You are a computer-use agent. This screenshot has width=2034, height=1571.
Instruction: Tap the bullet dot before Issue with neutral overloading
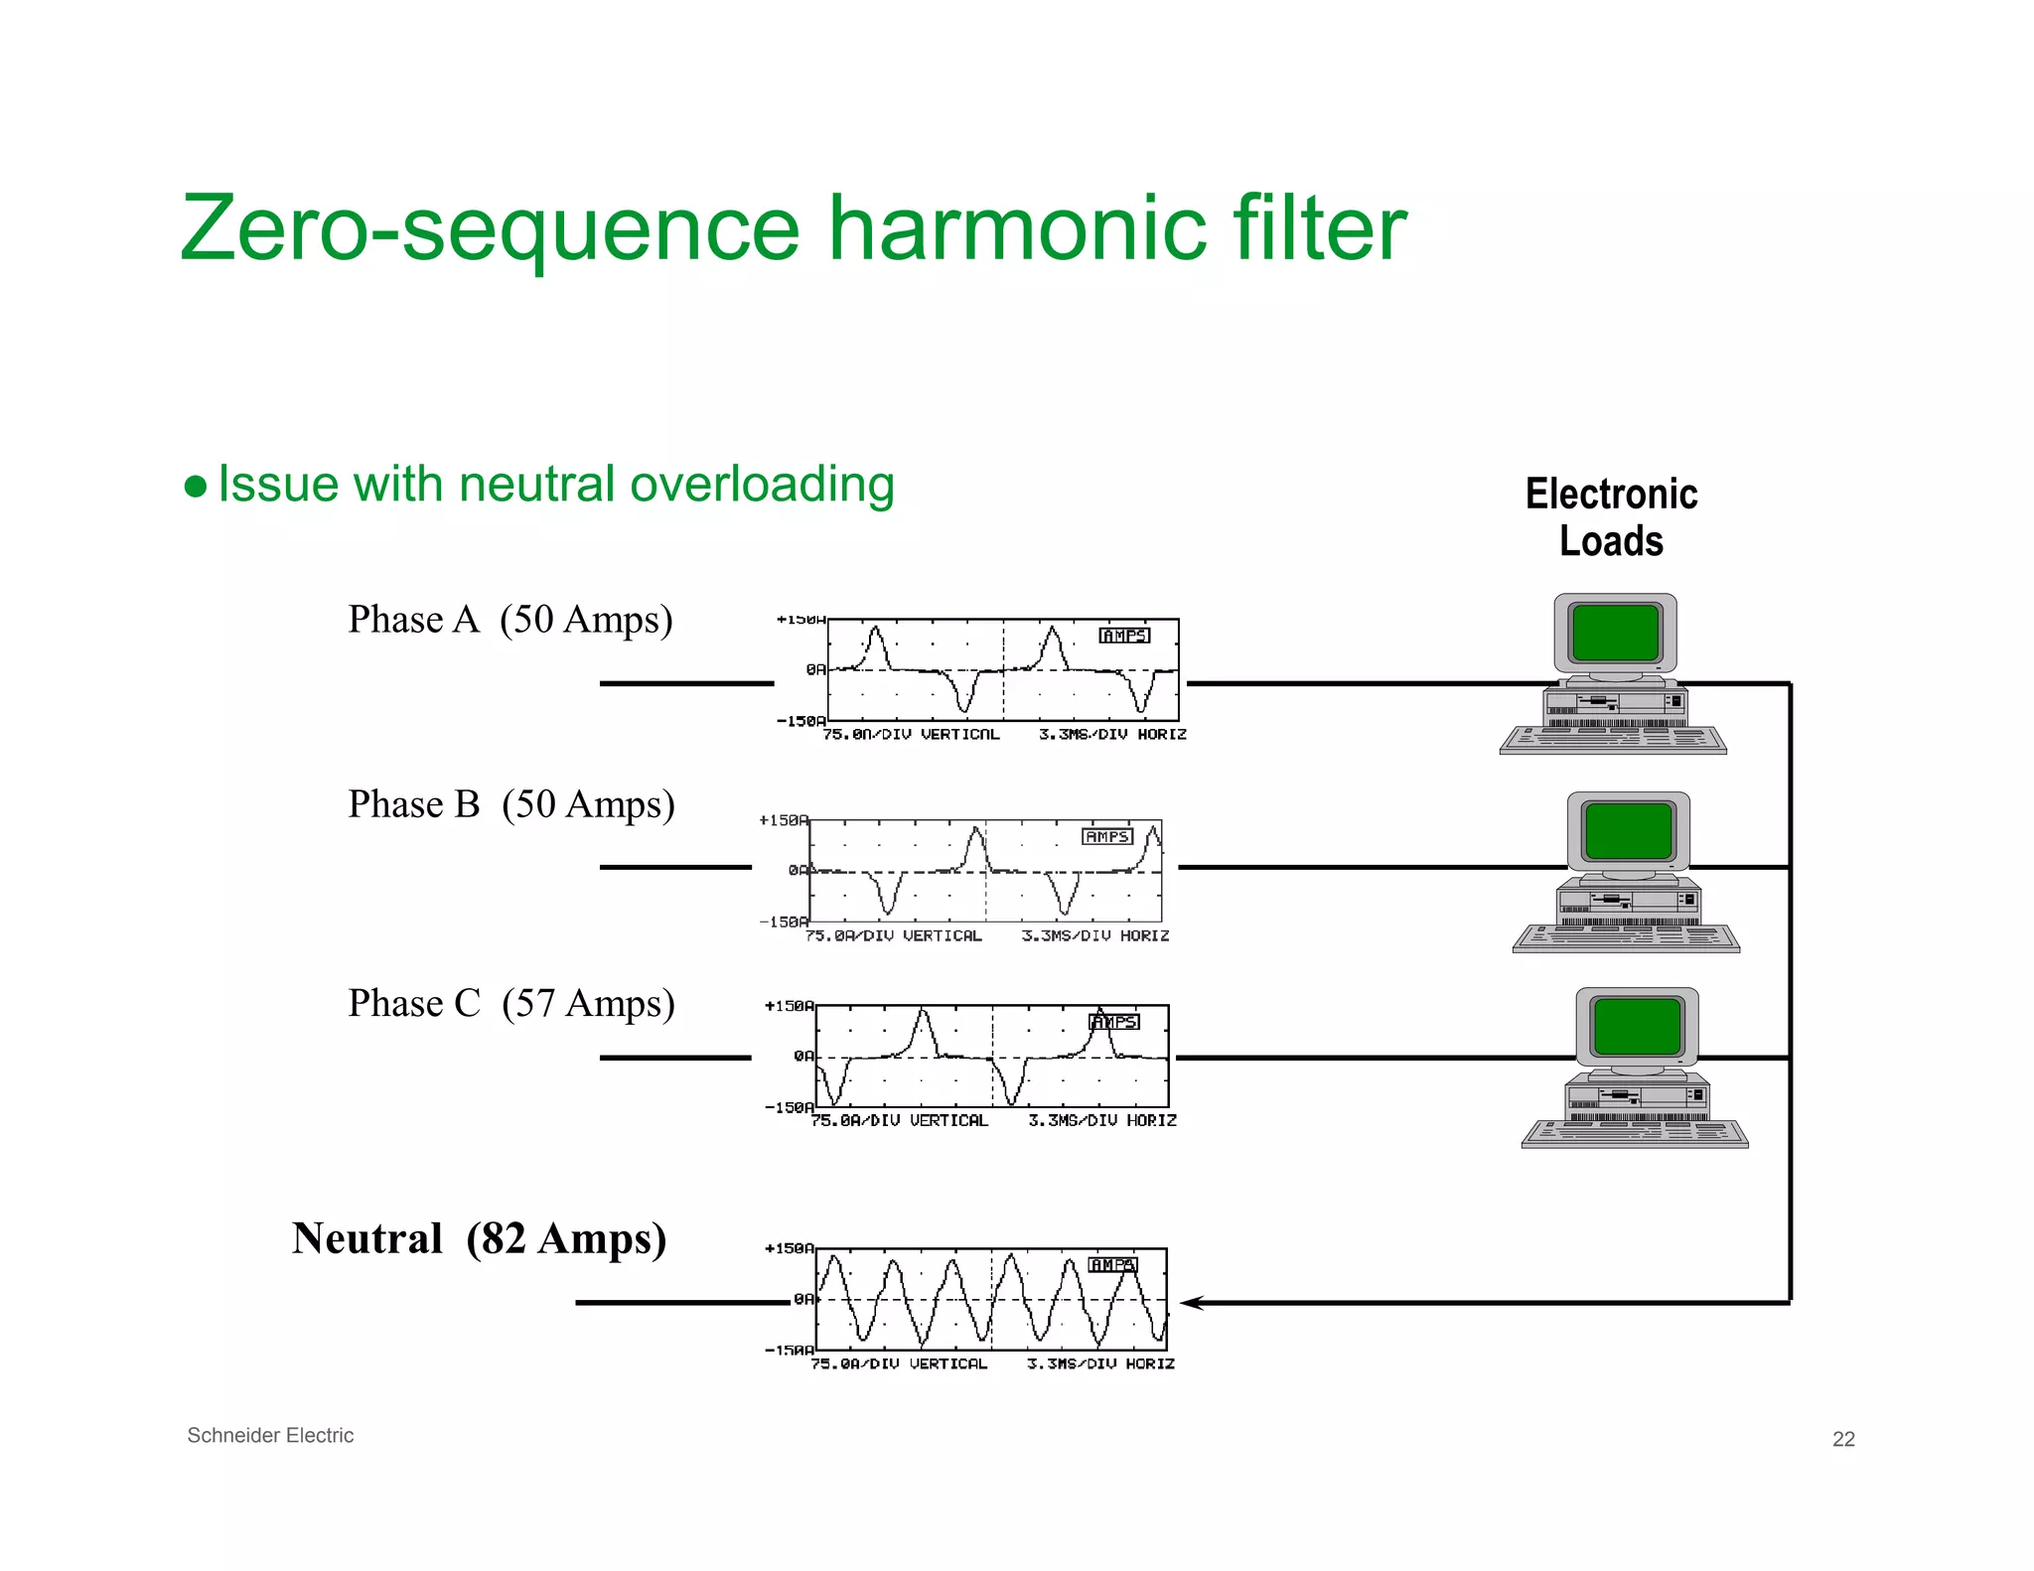tap(196, 487)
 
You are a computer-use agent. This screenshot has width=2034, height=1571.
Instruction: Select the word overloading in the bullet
tap(762, 485)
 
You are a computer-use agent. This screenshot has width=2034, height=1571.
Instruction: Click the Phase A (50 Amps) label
tap(509, 620)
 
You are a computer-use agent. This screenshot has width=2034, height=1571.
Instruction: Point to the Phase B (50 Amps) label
tap(510, 804)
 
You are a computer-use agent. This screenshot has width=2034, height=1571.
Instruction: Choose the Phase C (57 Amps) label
tap(510, 1003)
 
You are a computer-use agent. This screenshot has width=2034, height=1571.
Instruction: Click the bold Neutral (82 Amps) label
tap(479, 1238)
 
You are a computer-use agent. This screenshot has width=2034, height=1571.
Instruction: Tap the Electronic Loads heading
tap(1611, 516)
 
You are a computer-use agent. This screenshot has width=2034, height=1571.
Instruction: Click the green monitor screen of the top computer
tap(1616, 632)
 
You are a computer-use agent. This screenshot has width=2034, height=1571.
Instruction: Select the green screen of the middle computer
tap(1629, 830)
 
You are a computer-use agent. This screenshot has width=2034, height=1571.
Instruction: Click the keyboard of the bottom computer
tap(1635, 1133)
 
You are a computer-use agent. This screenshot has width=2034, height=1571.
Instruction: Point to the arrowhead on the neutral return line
tap(1191, 1303)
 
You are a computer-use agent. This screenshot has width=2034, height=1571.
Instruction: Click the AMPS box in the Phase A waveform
tap(1124, 636)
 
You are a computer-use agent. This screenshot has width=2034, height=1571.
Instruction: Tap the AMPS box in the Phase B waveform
tap(1106, 837)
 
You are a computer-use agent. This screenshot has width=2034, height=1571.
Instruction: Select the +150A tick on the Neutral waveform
tap(789, 1248)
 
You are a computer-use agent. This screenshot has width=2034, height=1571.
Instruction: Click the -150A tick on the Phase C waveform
tap(789, 1107)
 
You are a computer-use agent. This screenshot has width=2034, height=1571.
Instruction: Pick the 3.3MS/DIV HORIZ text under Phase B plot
tap(1094, 935)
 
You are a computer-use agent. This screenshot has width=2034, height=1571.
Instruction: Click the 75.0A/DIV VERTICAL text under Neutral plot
tap(899, 1364)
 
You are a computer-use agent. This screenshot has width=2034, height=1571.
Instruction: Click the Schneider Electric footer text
tap(270, 1435)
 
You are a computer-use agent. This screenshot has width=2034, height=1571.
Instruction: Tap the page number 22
tap(1842, 1439)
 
